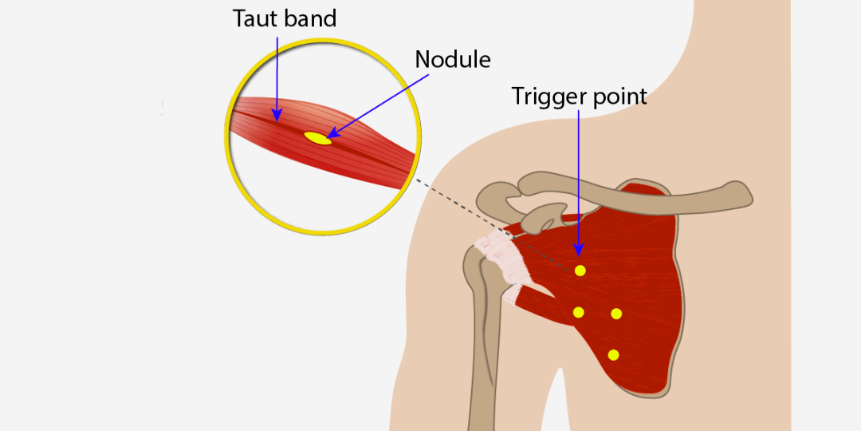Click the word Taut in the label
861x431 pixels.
pyautogui.click(x=254, y=18)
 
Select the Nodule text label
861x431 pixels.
pyautogui.click(x=453, y=59)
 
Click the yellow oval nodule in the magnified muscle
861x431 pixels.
pyautogui.click(x=318, y=138)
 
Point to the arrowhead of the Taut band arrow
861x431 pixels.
pyautogui.click(x=278, y=115)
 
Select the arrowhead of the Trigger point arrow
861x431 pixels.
pyautogui.click(x=578, y=250)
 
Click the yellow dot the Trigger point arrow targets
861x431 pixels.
pyautogui.click(x=580, y=271)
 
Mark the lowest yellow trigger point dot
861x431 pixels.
pyautogui.click(x=613, y=355)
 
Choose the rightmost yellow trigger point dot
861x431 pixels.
pyautogui.click(x=616, y=314)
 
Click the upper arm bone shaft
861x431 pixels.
pyautogui.click(x=485, y=352)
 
